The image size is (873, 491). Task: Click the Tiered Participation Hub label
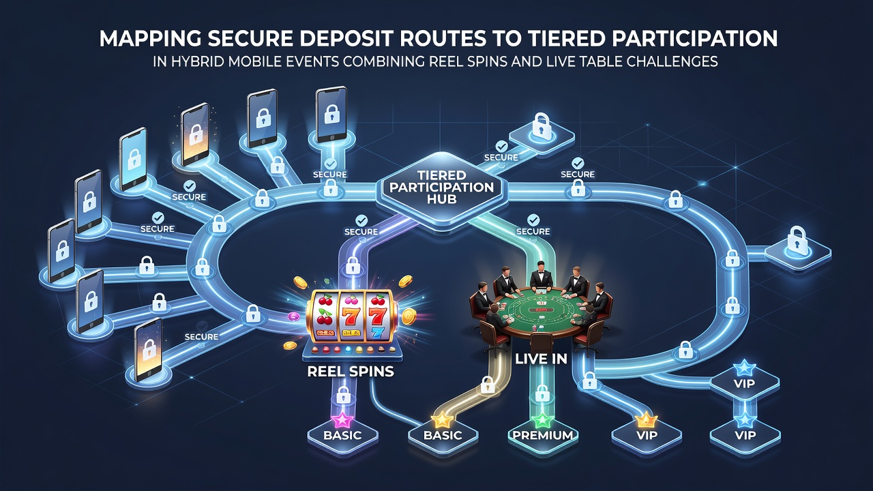point(441,187)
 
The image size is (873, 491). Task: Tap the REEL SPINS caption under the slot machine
point(351,372)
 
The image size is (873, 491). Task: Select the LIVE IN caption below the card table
point(541,359)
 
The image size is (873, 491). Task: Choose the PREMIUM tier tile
point(543,435)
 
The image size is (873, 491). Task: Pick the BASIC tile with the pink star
point(342,435)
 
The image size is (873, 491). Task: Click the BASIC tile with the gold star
point(443,435)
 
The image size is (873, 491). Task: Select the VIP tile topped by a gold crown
point(647,435)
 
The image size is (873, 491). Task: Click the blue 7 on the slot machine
point(376,333)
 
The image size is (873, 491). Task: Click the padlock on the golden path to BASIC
point(487,385)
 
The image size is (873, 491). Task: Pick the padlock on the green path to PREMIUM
point(542,393)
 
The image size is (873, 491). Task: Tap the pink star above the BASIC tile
point(342,420)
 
